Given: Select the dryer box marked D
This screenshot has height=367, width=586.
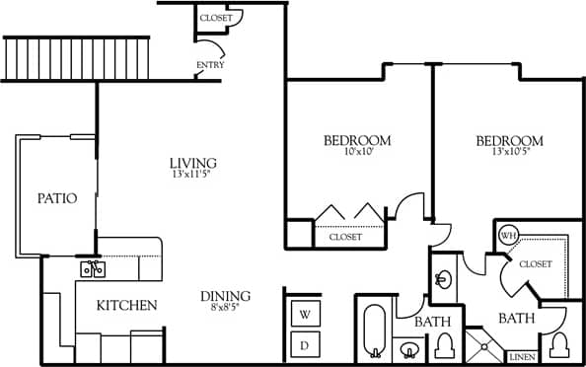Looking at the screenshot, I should click(305, 344).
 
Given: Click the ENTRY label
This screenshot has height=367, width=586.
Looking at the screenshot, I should click(210, 66).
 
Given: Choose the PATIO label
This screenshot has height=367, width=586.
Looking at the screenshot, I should click(57, 198).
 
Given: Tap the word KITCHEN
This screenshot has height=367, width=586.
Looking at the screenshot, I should click(126, 306).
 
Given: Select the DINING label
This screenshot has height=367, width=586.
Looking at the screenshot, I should click(225, 296).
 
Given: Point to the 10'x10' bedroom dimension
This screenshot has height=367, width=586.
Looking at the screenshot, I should click(357, 153).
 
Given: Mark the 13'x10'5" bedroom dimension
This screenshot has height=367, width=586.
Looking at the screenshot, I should click(510, 153).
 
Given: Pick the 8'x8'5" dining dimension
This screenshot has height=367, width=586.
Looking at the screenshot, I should click(225, 308).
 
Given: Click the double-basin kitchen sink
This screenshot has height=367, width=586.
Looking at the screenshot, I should click(93, 268).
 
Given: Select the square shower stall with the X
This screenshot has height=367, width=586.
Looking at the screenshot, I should click(484, 346).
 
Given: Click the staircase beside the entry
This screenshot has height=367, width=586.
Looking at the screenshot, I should click(77, 58).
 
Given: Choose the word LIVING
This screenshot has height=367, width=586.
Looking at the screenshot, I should click(193, 163).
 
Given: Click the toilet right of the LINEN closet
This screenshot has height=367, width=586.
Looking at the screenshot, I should click(560, 344).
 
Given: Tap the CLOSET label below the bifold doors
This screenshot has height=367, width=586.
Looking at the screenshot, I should click(345, 237).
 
